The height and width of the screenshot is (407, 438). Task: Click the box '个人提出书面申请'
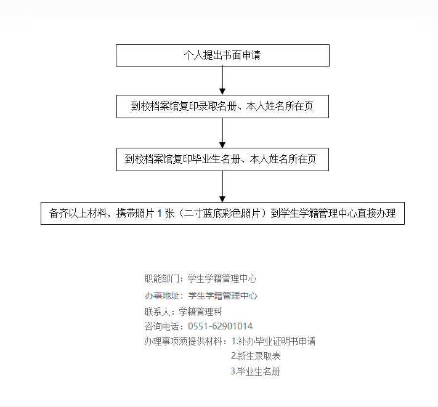click(x=222, y=55)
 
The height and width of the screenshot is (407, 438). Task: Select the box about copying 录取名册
click(x=222, y=107)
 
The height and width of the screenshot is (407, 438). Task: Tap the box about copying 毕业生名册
click(x=222, y=159)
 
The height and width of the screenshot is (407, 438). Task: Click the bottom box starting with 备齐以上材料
click(x=222, y=213)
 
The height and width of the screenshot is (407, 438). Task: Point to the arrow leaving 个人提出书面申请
click(x=222, y=81)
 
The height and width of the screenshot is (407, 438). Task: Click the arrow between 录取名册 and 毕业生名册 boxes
click(x=222, y=133)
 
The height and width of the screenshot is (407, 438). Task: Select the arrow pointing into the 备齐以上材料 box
click(x=222, y=187)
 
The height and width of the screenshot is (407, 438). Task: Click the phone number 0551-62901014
click(x=220, y=326)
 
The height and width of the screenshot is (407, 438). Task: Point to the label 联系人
click(x=157, y=312)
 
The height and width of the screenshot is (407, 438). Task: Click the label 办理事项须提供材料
click(x=183, y=341)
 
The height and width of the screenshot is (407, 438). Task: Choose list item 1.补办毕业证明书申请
click(x=274, y=341)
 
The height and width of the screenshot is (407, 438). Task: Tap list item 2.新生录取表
click(x=256, y=356)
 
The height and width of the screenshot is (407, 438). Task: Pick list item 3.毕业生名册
click(x=255, y=371)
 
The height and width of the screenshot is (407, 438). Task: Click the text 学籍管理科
click(x=200, y=312)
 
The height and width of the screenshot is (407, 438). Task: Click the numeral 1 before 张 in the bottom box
click(x=160, y=214)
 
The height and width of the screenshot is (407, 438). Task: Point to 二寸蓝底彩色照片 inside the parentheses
click(x=222, y=213)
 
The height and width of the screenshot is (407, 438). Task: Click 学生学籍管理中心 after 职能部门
click(x=222, y=278)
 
